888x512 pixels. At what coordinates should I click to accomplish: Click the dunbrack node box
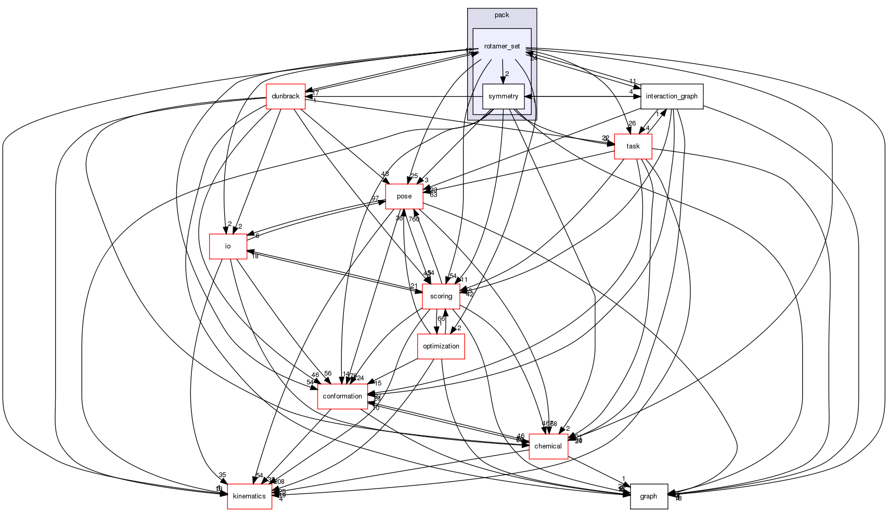[286, 96]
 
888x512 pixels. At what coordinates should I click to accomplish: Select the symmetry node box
[503, 96]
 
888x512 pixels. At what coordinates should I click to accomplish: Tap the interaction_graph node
[672, 96]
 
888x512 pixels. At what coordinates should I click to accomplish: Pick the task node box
[633, 146]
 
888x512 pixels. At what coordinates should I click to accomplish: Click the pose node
[404, 196]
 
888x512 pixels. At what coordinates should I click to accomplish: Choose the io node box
[228, 246]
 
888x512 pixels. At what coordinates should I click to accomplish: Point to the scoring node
[441, 296]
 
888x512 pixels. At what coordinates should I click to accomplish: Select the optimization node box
[441, 346]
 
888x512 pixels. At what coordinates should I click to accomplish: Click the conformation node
[342, 396]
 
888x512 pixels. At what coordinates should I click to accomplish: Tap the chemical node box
[548, 446]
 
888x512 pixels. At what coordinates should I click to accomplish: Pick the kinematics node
[249, 496]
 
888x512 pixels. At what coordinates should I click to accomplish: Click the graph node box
[648, 496]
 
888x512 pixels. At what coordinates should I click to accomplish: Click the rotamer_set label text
[501, 46]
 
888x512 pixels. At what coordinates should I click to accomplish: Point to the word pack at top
[501, 15]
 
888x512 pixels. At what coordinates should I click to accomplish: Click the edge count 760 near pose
[414, 219]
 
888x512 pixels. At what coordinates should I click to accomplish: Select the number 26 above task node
[632, 123]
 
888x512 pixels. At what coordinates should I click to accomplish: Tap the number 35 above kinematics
[223, 475]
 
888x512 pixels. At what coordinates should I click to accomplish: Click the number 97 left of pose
[375, 198]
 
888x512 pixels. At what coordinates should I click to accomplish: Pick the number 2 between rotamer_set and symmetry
[507, 74]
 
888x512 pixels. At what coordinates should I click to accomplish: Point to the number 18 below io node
[255, 256]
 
